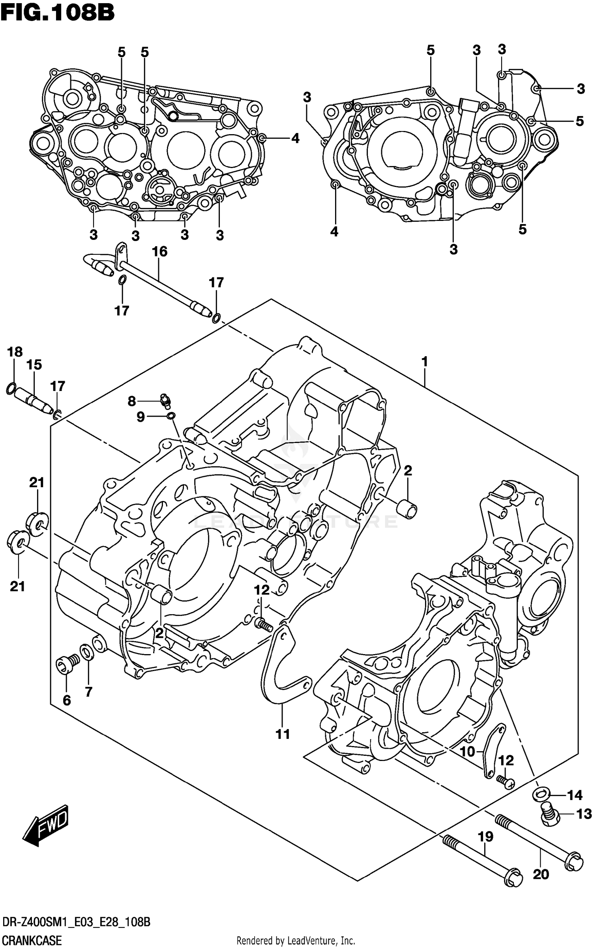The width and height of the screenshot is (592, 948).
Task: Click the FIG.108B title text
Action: pos(58,13)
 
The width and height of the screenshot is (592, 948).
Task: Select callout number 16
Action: pos(159,251)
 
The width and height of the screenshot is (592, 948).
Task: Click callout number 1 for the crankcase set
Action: pos(425,361)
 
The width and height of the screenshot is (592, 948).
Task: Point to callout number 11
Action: pos(283,734)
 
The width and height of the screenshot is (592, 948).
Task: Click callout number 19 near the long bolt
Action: pos(485,836)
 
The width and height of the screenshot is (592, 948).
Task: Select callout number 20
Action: pos(541,874)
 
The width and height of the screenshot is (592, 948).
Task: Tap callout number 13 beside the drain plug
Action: pos(584,813)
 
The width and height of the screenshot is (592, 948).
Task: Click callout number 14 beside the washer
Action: pos(574,795)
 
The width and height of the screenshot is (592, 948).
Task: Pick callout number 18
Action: pos(15,352)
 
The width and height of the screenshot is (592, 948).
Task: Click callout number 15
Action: pos(34,365)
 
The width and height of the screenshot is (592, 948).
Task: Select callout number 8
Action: pos(131,402)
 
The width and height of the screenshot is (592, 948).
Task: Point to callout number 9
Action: pos(141,417)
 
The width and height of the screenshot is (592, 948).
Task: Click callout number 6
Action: pos(67,700)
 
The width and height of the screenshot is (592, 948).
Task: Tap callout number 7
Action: pos(88,691)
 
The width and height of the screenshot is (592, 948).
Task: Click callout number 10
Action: pos(467,752)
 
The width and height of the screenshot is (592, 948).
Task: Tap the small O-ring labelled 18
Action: pos(11,389)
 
